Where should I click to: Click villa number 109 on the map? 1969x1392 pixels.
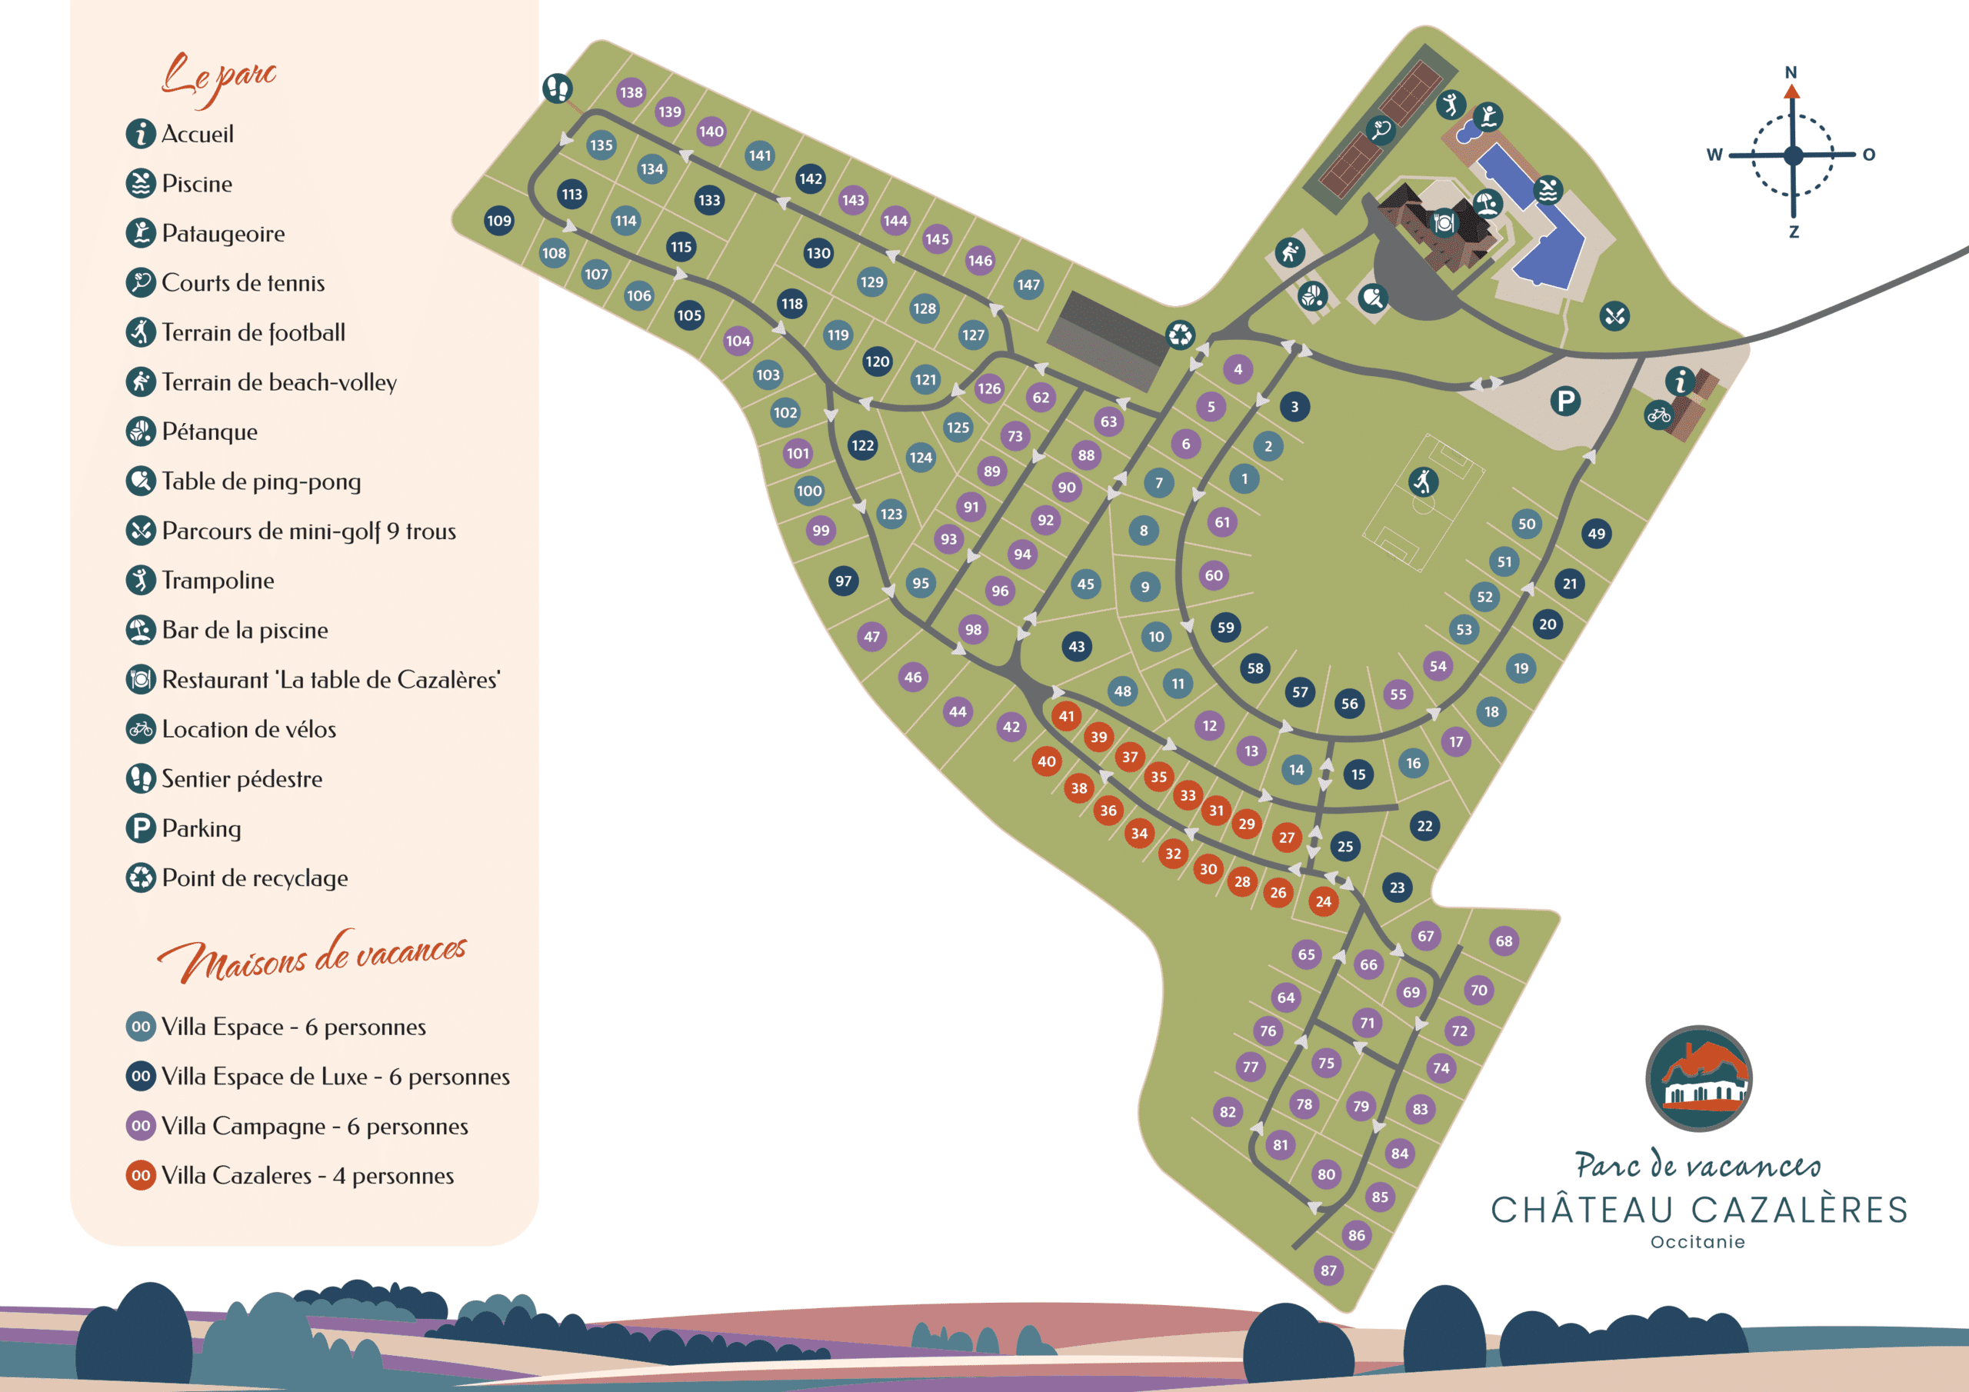click(499, 221)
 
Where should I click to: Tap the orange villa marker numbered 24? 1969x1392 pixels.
click(1323, 901)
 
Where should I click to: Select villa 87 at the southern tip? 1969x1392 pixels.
click(1328, 1270)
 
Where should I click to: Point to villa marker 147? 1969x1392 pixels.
click(1028, 285)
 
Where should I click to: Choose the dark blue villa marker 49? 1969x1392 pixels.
click(1596, 534)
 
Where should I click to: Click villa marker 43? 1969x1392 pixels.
click(1076, 646)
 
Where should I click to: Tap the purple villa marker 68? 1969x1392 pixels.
click(1504, 941)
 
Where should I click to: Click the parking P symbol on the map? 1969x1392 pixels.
click(1565, 401)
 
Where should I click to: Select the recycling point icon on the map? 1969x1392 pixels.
click(1180, 335)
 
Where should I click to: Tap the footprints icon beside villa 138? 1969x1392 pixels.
click(558, 88)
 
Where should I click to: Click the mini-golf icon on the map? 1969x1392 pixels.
click(1615, 315)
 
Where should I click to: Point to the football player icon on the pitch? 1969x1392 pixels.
click(1424, 481)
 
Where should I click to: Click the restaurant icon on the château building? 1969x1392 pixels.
click(1444, 223)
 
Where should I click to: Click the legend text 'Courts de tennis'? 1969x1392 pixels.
click(243, 283)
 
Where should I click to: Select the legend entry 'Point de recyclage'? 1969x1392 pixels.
click(255, 878)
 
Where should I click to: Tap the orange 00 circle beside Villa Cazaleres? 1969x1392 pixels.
click(141, 1175)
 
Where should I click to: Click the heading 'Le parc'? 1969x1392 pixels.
click(219, 77)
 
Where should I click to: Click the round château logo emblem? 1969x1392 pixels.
click(1698, 1078)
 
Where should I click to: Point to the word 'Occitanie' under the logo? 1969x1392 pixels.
click(1697, 1242)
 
